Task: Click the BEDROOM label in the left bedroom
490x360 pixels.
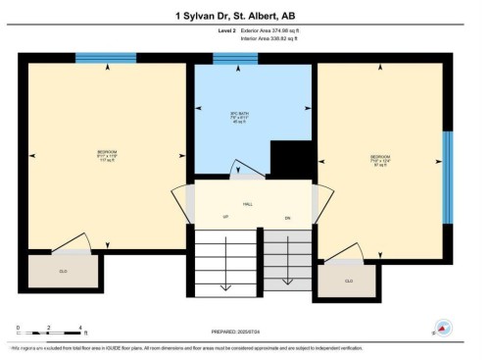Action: point(106,155)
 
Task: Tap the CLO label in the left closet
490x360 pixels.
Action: point(63,270)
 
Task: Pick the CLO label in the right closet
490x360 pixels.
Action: point(348,281)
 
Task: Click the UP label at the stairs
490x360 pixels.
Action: point(225,215)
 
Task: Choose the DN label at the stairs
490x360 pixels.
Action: point(287,215)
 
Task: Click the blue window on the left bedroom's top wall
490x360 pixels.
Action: point(92,60)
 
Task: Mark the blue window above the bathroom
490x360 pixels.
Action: point(235,60)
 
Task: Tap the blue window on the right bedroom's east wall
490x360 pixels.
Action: point(448,163)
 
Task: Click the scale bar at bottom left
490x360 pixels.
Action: point(49,331)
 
